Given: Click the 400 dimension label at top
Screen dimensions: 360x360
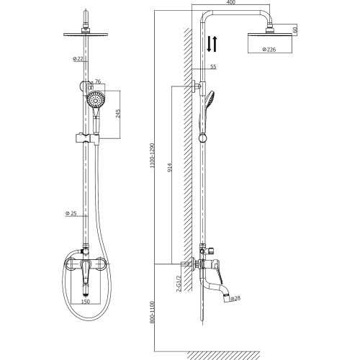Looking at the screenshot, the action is pos(231,2).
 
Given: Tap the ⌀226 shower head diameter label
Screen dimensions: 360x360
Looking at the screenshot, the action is pos(269,50).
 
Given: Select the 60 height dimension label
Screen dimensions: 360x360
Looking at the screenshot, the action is pos(295,30).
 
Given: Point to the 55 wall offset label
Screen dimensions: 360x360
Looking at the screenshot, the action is pos(213,67).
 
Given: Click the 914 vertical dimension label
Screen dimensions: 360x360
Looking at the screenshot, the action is pos(170,168).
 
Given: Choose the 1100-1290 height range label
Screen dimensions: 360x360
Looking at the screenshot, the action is pos(152,156).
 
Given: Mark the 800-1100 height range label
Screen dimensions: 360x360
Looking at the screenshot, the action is pos(152,312).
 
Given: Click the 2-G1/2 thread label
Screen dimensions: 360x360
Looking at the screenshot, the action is pos(179,284).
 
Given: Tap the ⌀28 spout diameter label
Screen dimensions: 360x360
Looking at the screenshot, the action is pos(235,299).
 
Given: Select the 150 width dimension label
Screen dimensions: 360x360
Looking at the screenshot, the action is pos(86,301).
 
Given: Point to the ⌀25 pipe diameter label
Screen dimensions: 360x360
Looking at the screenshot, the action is pos(71,213).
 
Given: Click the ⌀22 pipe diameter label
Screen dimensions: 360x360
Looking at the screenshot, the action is pos(78,58).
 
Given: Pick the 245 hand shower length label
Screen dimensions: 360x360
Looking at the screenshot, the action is pos(118,114).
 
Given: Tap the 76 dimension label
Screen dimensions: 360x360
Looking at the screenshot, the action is pos(98,81).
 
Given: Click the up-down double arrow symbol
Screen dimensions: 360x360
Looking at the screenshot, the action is pos(212,44).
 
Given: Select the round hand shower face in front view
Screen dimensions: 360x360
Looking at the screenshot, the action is pos(95,99).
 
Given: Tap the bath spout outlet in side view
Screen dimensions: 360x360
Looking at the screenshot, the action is pos(226,297).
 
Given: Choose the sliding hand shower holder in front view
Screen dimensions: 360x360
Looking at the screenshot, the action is pos(87,139).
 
